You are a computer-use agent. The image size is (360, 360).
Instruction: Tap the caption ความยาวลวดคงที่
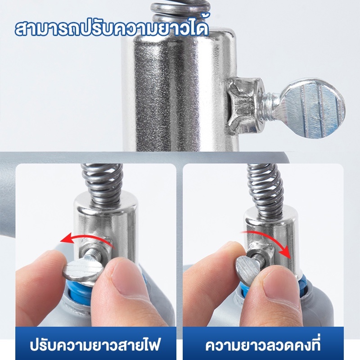[263, 344]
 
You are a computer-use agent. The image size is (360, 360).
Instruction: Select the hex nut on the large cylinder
[245, 106]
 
